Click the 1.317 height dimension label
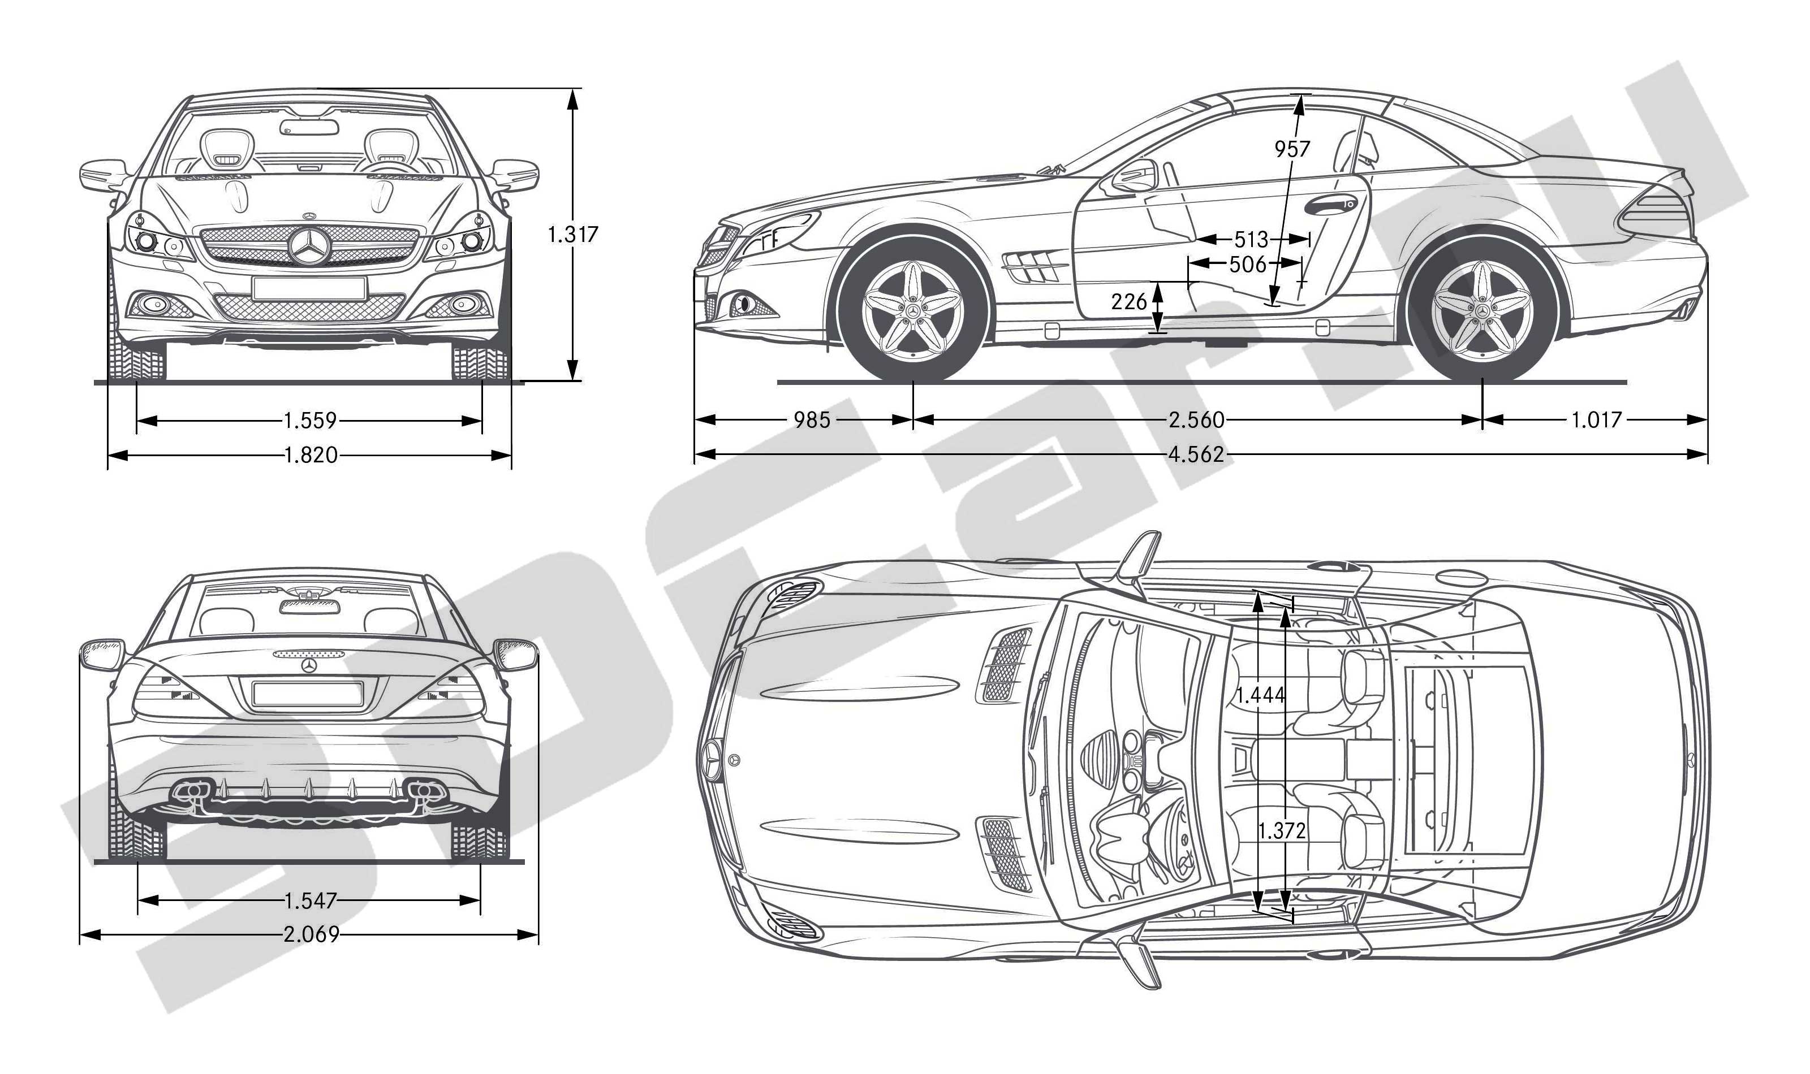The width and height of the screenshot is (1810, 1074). (x=572, y=235)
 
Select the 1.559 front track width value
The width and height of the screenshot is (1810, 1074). (x=310, y=420)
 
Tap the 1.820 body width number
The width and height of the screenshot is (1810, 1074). (x=311, y=455)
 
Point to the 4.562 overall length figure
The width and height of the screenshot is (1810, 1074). (x=1196, y=454)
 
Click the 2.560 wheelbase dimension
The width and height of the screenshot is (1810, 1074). (x=1196, y=420)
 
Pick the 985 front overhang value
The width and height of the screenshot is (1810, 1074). (x=812, y=420)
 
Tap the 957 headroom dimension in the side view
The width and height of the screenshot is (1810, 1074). (x=1292, y=149)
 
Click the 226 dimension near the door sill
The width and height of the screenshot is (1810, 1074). (x=1130, y=301)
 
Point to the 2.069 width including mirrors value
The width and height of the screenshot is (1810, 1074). (x=311, y=935)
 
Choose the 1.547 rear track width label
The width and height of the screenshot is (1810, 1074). (x=311, y=900)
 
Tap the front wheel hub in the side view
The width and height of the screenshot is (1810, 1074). (x=913, y=310)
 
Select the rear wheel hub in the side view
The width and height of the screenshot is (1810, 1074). (x=1482, y=310)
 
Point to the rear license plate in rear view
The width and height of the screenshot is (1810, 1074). (x=308, y=694)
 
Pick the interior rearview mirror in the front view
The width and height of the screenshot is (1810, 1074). (x=309, y=127)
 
